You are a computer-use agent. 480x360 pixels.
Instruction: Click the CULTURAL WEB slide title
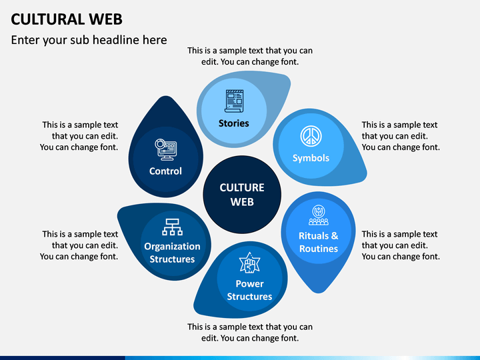(x=67, y=19)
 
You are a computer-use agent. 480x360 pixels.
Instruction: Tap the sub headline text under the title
(x=89, y=40)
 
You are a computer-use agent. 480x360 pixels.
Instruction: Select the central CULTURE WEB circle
(x=242, y=195)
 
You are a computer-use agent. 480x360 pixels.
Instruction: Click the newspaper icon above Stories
(x=234, y=101)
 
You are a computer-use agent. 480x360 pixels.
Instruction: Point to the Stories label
(x=233, y=123)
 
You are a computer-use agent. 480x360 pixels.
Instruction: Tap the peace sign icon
(x=311, y=136)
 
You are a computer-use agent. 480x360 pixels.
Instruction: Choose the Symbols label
(x=311, y=158)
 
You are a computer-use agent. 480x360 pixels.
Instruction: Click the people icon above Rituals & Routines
(x=319, y=215)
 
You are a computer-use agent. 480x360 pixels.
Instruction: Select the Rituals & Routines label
(x=319, y=242)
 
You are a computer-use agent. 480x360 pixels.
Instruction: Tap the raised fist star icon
(x=249, y=263)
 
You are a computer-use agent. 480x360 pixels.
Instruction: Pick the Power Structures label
(x=249, y=290)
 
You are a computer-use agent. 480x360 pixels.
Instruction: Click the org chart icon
(x=173, y=227)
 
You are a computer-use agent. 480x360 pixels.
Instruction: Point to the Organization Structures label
(x=172, y=253)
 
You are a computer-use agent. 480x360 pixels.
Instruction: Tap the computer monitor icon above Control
(x=165, y=150)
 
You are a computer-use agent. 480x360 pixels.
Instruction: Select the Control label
(x=165, y=171)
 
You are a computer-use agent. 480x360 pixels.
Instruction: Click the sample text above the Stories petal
(x=250, y=56)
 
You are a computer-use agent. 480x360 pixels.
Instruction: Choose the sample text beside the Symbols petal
(x=401, y=136)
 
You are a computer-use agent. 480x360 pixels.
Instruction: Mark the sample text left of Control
(x=79, y=136)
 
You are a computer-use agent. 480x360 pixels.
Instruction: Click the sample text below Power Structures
(x=250, y=333)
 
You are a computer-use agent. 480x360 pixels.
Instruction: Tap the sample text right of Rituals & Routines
(x=401, y=245)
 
